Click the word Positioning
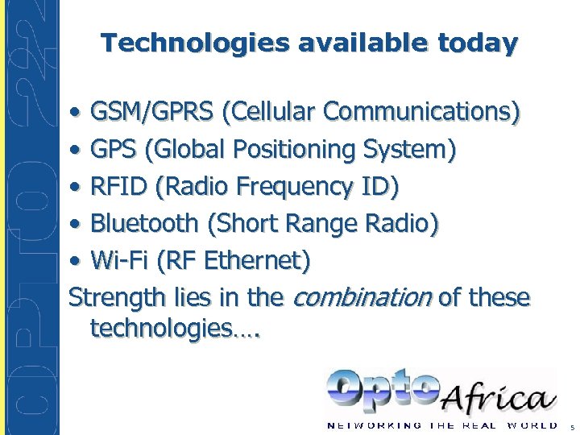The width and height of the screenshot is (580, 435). [290, 149]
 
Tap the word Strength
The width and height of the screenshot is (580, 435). [118, 299]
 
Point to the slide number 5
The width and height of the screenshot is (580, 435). [571, 427]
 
